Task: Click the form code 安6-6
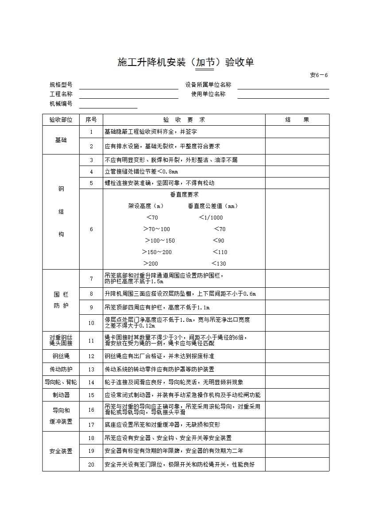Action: (x=319, y=75)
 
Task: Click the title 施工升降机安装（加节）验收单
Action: (x=185, y=62)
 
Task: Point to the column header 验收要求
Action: (x=184, y=120)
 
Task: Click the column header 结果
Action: (x=297, y=120)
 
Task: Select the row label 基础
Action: (x=61, y=140)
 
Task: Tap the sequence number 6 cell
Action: (x=91, y=229)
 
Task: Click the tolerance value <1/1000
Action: (x=211, y=217)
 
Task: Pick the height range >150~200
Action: (x=157, y=252)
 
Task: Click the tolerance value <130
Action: (x=219, y=263)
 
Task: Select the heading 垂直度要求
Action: (x=184, y=194)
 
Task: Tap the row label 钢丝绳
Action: (x=61, y=356)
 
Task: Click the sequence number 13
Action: (x=91, y=369)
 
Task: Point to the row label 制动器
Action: (x=61, y=395)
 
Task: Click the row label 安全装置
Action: (x=61, y=452)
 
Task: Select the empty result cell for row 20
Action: (x=297, y=465)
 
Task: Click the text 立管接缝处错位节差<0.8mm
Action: (x=141, y=172)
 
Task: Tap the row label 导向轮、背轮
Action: (x=61, y=382)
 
